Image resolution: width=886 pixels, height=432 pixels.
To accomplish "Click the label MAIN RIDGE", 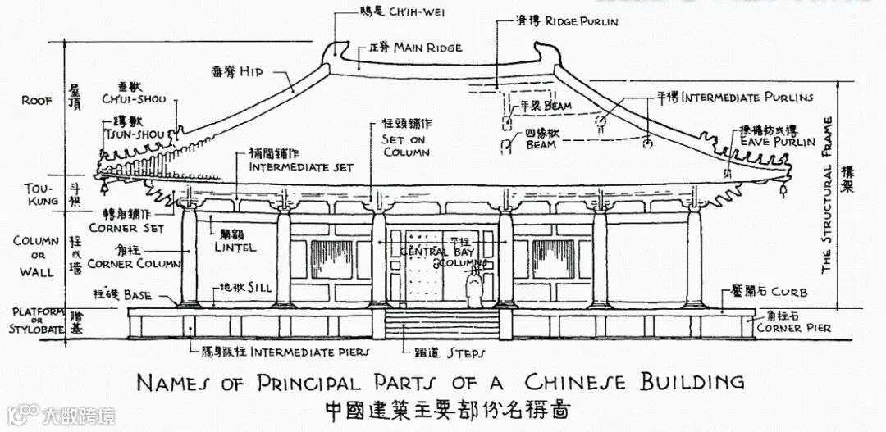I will tap(427, 48).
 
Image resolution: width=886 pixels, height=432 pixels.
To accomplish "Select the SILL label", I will tap(256, 289).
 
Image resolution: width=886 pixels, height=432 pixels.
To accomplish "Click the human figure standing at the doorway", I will tap(473, 289).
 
